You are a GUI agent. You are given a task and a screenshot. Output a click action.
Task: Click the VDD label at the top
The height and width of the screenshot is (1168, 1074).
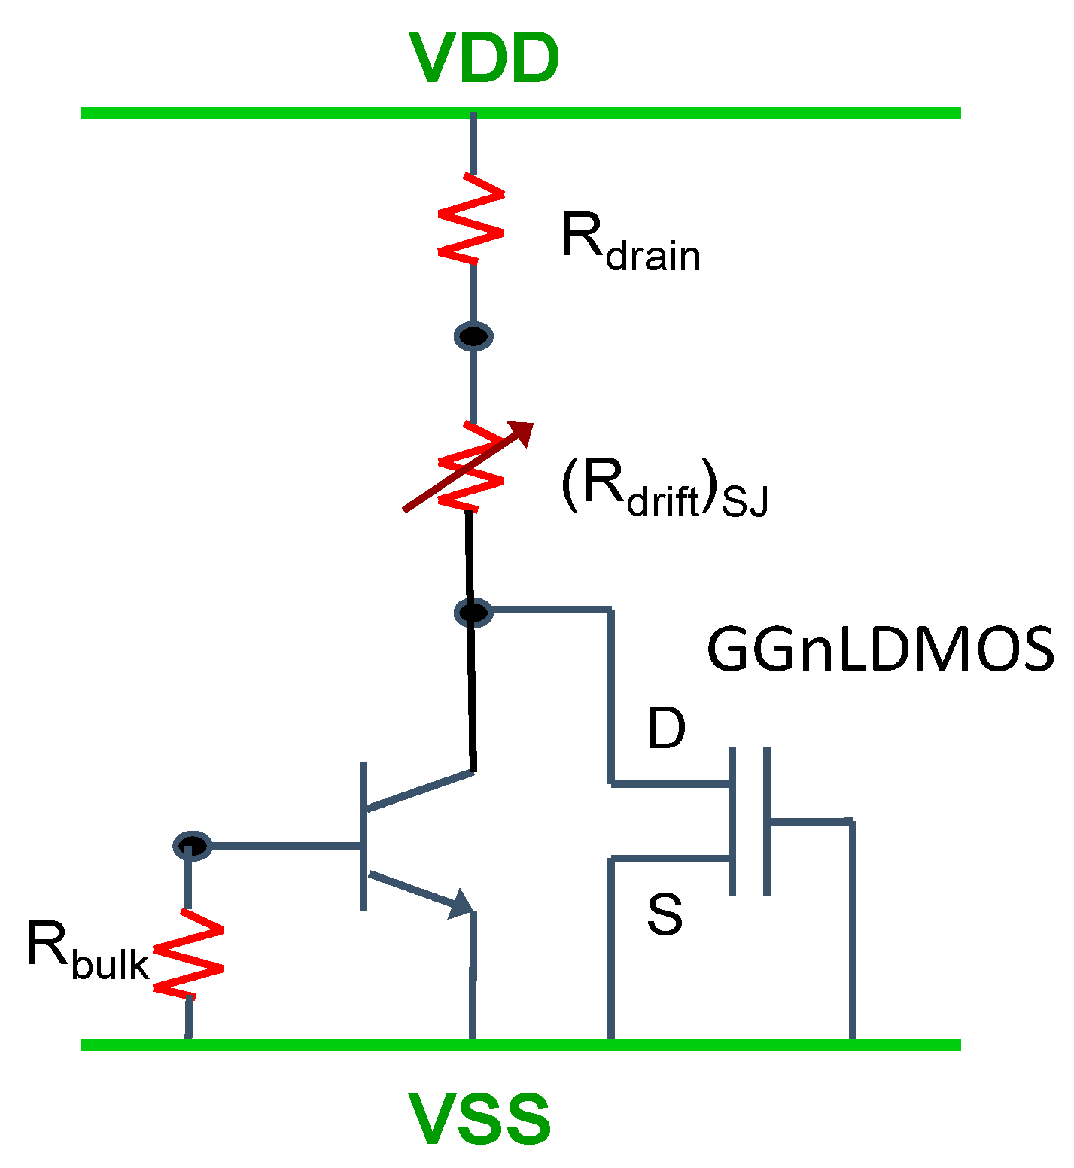click(484, 59)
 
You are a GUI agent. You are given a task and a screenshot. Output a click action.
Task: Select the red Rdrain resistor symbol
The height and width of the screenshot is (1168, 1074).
click(472, 219)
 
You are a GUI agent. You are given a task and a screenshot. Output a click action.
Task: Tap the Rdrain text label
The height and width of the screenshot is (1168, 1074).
click(631, 242)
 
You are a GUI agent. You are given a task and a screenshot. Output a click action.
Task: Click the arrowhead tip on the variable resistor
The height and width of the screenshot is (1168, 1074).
click(529, 426)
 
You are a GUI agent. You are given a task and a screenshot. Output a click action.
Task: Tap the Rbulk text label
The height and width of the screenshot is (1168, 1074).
click(87, 951)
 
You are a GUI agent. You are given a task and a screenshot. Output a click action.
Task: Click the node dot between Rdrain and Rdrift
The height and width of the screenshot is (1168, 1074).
click(473, 336)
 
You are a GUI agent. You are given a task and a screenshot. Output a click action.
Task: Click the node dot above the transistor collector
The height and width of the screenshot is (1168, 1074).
click(473, 612)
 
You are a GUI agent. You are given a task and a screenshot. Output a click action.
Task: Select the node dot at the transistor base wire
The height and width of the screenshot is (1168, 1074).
click(192, 846)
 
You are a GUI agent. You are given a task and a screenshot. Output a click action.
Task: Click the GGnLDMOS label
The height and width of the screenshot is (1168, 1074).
click(880, 650)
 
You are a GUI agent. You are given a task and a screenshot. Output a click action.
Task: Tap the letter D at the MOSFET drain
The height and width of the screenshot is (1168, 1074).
click(666, 728)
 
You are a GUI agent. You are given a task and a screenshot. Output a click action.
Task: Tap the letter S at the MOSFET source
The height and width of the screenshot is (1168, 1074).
click(665, 914)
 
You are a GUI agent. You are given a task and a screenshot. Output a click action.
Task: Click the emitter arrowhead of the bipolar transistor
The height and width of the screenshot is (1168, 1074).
click(461, 903)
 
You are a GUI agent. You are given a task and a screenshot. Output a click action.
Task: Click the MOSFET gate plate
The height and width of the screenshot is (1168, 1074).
click(766, 821)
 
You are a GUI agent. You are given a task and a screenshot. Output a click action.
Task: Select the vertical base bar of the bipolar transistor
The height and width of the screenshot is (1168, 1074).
click(364, 836)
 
